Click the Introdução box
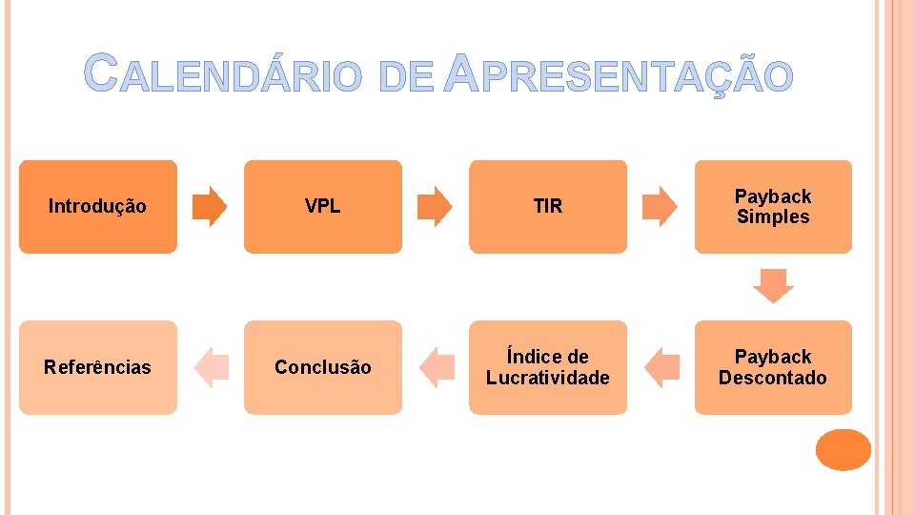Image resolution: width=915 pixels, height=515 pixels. pos(98,206)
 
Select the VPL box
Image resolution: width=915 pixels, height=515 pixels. pos(323,206)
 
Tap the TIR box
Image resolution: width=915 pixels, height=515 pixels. pos(548,206)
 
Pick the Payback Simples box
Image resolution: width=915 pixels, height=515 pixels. pos(773,206)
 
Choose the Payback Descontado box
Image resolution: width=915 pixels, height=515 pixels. pos(773,367)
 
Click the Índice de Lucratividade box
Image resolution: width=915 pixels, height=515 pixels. pos(548,367)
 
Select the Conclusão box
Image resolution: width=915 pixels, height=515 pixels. pos(323,367)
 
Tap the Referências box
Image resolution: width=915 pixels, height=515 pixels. pos(98,367)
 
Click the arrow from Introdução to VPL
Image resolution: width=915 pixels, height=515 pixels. pos(211,206)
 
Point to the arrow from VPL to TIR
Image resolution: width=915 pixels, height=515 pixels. pos(436,206)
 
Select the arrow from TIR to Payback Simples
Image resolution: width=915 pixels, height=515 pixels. pos(661,206)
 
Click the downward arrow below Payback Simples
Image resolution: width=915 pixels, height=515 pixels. pos(773,286)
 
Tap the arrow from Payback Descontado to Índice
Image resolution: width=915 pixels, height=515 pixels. pos(661,367)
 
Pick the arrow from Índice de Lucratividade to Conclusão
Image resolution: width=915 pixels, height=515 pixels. pos(436,367)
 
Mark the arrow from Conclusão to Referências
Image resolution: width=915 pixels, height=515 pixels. pos(211,367)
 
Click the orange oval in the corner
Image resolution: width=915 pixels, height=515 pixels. pos(844,450)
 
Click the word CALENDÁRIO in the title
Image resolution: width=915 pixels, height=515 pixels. pos(224,74)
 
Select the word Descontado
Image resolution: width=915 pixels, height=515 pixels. pos(773,378)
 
